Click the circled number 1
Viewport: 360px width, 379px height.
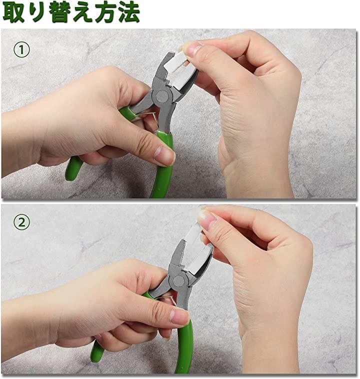tap(21, 50)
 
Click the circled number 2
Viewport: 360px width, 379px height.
tap(21, 222)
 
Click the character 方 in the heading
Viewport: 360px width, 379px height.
tap(105, 12)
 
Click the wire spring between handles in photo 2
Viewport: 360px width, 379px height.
tap(169, 299)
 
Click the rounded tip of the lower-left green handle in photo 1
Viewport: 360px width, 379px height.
tap(70, 175)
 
